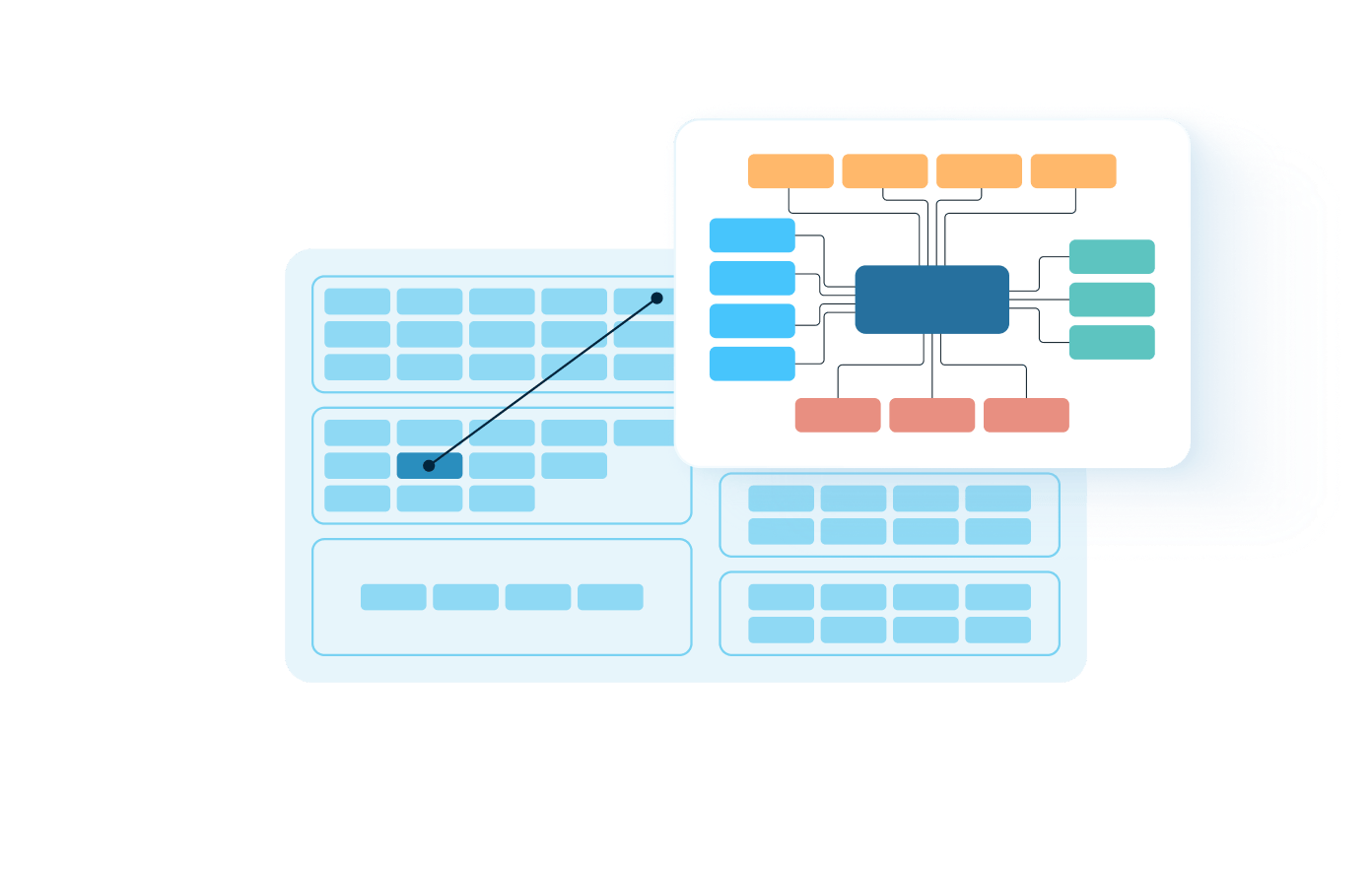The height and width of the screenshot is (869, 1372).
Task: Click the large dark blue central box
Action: tap(931, 300)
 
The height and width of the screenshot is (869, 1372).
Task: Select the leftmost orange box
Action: tap(790, 170)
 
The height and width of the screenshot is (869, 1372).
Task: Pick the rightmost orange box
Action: tap(1073, 170)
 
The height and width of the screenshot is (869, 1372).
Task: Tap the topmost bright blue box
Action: tap(752, 235)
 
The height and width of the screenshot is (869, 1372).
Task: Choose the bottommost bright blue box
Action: tap(752, 364)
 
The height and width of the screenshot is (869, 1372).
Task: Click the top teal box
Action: tap(1112, 256)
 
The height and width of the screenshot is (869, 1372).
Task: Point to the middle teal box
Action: tap(1112, 300)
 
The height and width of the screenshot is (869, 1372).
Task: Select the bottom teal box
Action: tap(1112, 342)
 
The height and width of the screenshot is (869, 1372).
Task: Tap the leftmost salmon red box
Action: tap(838, 415)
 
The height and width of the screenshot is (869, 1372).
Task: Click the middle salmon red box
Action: tap(931, 415)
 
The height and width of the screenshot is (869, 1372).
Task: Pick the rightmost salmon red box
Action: tap(1026, 415)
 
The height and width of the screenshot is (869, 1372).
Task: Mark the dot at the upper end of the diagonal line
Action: tap(656, 298)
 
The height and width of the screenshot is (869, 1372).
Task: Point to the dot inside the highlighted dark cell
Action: tap(429, 465)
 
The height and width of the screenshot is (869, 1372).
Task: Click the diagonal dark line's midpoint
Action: tap(542, 381)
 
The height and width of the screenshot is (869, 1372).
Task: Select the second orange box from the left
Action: tap(885, 170)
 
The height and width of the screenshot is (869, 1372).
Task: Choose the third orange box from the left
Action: tap(979, 170)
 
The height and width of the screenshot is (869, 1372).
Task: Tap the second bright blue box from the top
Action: tap(752, 278)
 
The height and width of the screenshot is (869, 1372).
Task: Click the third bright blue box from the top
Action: tap(752, 321)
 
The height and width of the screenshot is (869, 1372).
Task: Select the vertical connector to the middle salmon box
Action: tap(932, 367)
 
